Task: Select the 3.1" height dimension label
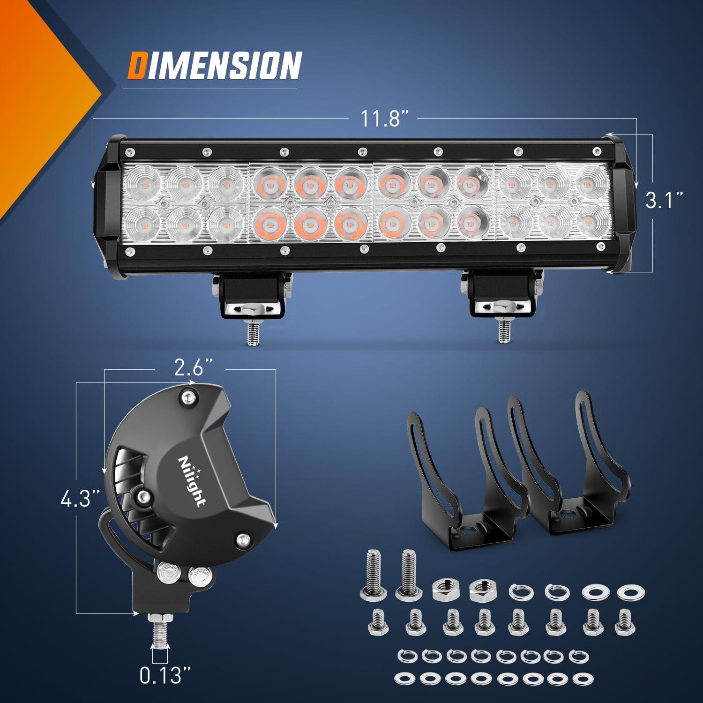[663, 201]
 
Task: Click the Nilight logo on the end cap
[191, 480]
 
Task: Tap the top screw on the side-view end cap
[188, 397]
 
